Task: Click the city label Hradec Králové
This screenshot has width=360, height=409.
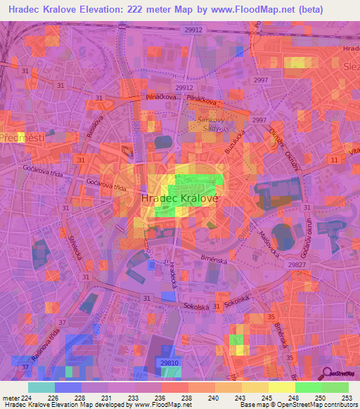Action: tap(180, 199)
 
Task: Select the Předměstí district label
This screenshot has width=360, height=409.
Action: tap(22, 138)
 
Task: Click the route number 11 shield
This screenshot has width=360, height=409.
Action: tap(334, 161)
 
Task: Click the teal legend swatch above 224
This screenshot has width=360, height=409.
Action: tap(41, 387)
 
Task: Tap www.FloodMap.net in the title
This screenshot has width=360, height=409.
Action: tap(265, 10)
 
